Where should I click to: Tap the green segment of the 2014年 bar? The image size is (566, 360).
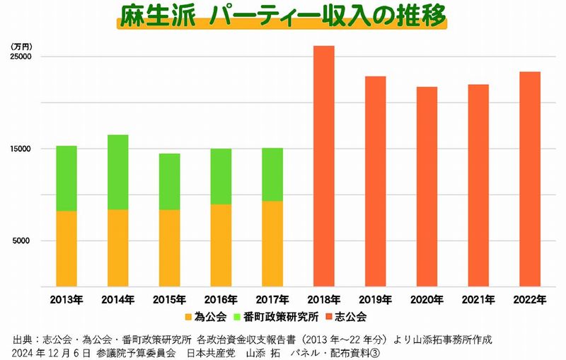pos(117,172)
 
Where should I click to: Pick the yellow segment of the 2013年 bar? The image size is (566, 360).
pos(67,248)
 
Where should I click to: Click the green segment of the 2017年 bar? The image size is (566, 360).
pos(272,174)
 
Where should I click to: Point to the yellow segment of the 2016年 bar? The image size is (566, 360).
pos(221,245)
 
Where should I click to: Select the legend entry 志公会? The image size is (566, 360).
pos(352,316)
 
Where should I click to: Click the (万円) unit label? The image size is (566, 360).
pos(20,45)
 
